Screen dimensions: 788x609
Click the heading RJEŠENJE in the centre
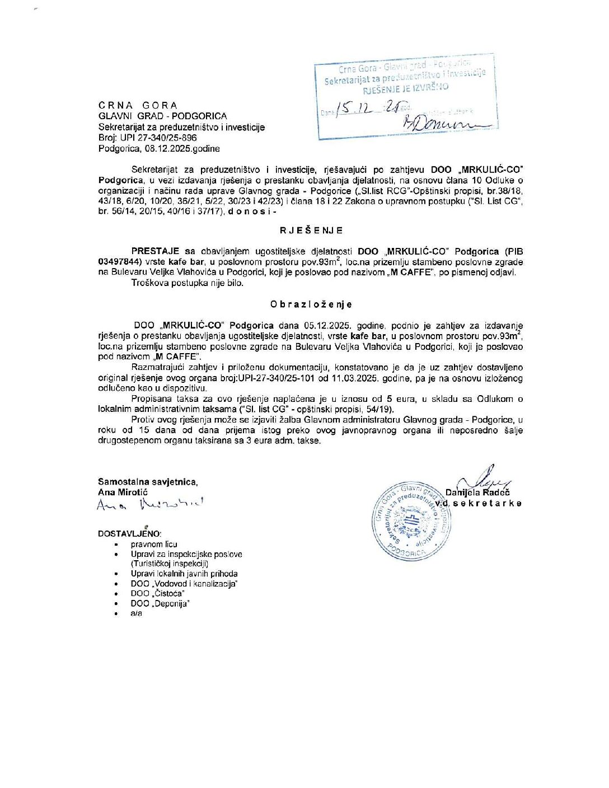[311, 230]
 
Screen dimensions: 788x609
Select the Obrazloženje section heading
[311, 304]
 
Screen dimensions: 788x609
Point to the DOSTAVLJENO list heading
[129, 534]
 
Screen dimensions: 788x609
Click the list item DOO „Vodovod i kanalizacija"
[184, 584]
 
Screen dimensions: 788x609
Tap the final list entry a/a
[137, 613]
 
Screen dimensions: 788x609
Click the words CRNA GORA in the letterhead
[138, 105]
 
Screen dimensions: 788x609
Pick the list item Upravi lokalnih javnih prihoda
[184, 574]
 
